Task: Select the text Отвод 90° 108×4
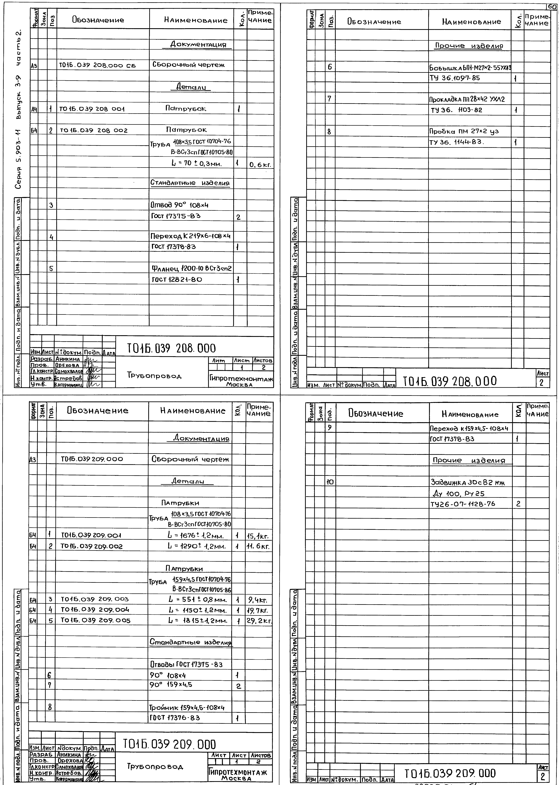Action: tap(180, 205)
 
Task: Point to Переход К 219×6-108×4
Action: tap(190, 236)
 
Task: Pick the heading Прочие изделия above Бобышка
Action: tap(468, 46)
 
